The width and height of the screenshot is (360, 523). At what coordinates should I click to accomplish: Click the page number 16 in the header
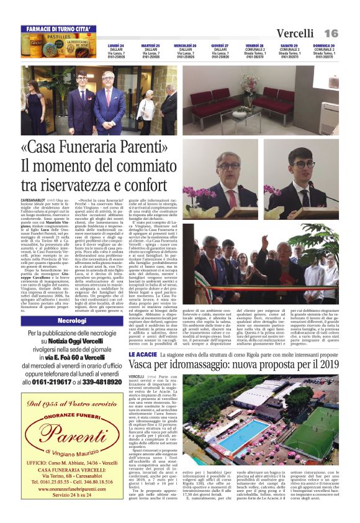pos(330,33)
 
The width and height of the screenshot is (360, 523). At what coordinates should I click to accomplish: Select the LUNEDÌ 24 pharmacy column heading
pos(115,46)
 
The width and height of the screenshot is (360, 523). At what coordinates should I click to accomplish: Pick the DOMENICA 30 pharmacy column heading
pos(324,46)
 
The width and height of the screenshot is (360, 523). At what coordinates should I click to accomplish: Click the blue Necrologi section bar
pos(72,321)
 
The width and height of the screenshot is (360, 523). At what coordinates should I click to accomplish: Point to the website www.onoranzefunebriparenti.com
pos(72,488)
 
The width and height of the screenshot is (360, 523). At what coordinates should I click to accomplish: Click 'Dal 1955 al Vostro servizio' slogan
pos(72,404)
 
